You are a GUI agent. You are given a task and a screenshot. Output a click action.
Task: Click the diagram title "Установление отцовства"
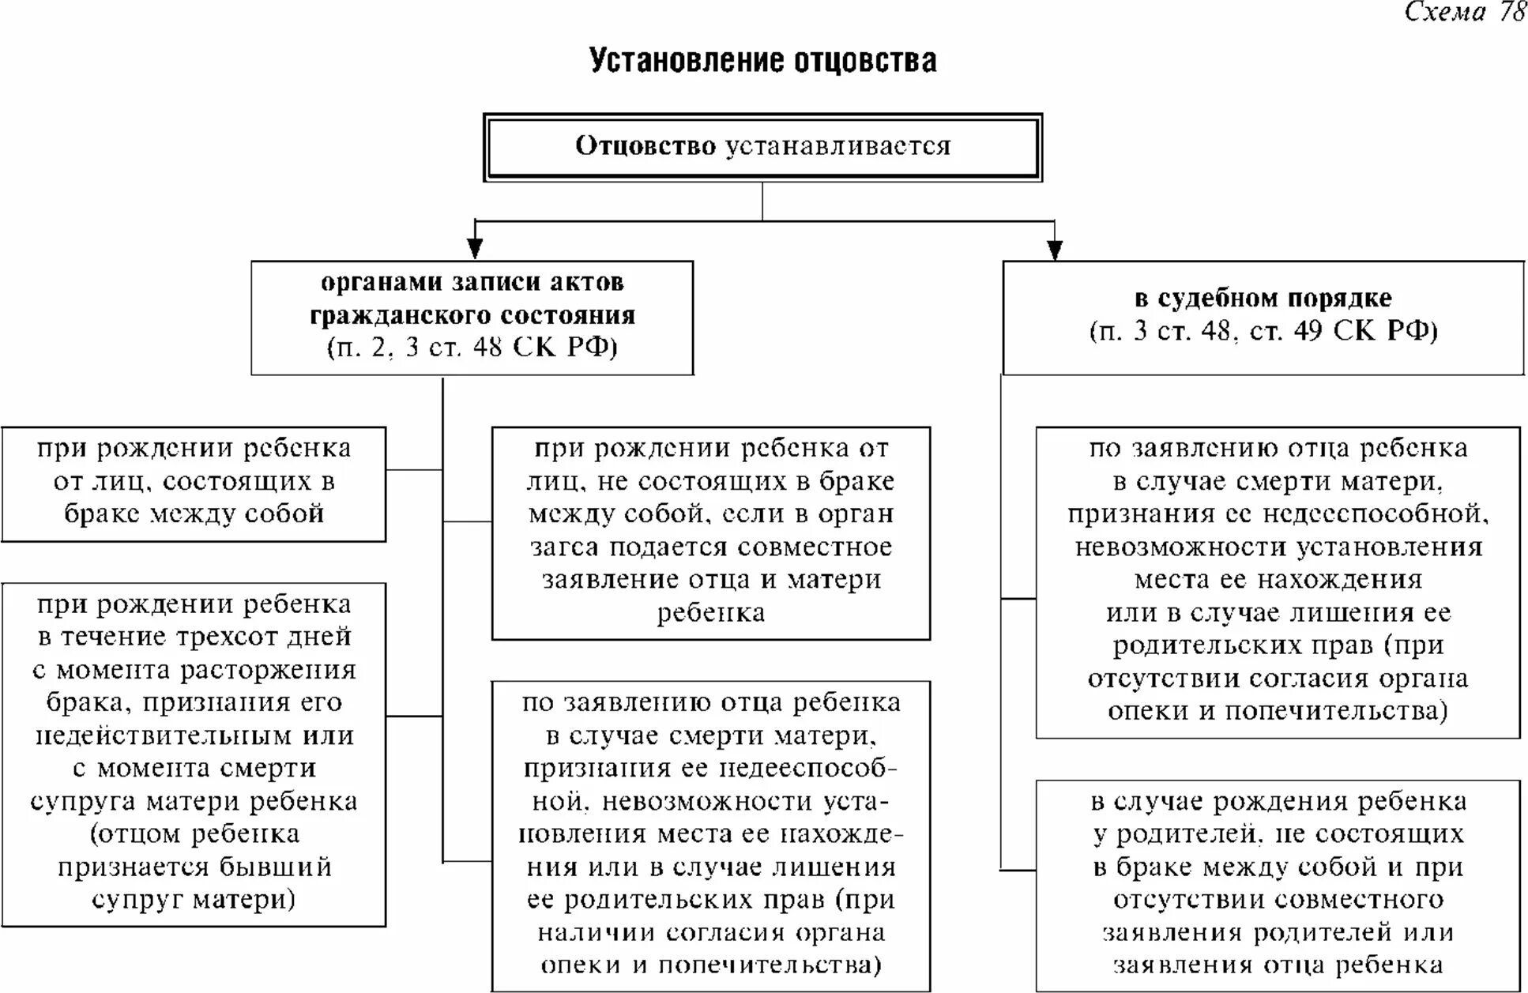(x=762, y=61)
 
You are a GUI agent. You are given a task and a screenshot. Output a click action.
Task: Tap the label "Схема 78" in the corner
(x=1464, y=12)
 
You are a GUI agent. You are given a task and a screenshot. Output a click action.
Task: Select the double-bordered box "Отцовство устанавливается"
(x=762, y=147)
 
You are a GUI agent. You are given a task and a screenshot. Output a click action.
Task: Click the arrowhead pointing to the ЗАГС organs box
(x=474, y=248)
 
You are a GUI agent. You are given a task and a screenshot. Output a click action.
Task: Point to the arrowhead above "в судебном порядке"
(x=1054, y=249)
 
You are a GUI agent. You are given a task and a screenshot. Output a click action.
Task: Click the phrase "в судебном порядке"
(x=1263, y=298)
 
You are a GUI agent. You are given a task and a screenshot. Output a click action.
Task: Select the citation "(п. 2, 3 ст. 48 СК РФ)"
(x=472, y=348)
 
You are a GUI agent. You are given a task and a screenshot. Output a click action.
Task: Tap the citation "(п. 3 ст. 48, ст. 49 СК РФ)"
(x=1263, y=330)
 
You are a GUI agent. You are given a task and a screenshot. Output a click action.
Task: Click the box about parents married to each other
(x=194, y=483)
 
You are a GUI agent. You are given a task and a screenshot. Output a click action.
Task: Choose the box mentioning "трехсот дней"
(x=194, y=754)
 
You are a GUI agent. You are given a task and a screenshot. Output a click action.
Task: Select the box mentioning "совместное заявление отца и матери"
(x=710, y=532)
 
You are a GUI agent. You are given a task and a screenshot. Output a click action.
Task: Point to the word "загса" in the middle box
(x=565, y=547)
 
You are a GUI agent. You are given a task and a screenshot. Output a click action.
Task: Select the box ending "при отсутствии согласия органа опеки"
(x=1278, y=582)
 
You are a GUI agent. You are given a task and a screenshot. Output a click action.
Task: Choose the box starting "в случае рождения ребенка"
(x=1278, y=884)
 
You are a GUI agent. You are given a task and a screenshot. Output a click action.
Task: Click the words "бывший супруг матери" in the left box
(x=194, y=883)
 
